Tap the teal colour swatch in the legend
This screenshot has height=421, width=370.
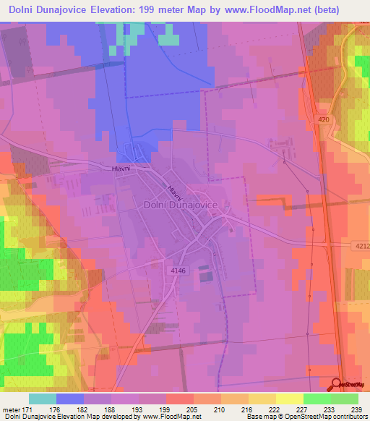43,399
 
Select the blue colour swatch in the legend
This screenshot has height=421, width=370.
70,399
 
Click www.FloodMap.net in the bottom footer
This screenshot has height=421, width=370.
170,417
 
